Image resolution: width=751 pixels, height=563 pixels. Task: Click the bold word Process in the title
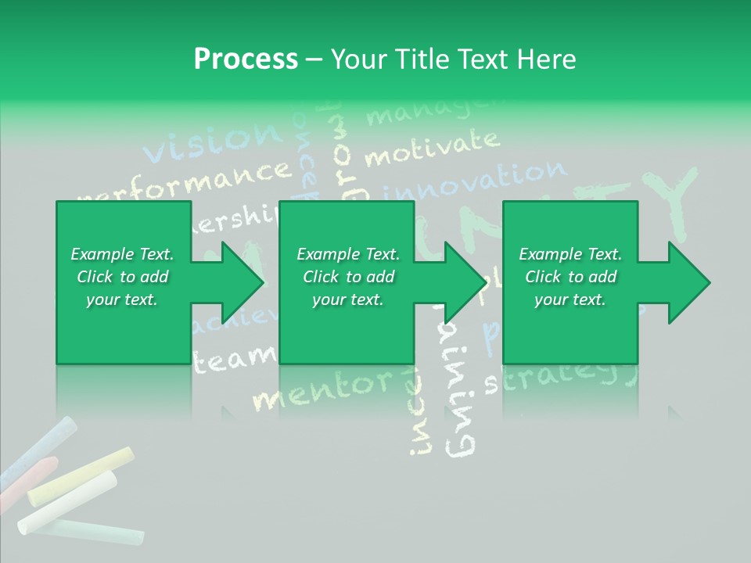click(x=246, y=59)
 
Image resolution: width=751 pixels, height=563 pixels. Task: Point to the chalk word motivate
click(x=430, y=149)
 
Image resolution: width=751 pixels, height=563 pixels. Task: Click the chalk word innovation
click(x=477, y=181)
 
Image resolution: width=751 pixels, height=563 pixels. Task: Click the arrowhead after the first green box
click(x=239, y=283)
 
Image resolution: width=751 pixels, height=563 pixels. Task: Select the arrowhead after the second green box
click(x=462, y=283)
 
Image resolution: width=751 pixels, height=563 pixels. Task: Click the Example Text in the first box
click(x=122, y=254)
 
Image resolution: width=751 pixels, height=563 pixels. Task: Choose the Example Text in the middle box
click(x=348, y=254)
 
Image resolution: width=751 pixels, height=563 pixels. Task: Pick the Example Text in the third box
click(x=570, y=254)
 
